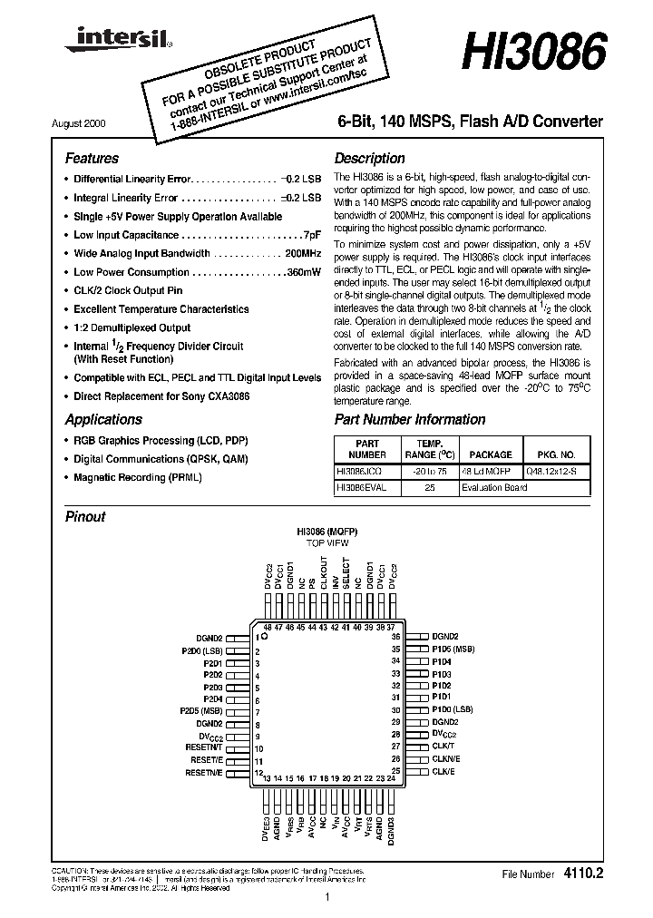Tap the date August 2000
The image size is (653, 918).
coord(90,122)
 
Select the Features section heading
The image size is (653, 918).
coord(92,158)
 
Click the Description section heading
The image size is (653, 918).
coord(370,158)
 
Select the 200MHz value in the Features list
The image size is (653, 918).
coord(302,253)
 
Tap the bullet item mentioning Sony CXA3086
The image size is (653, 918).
coord(161,396)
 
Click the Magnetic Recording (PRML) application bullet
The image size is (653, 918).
coord(138,477)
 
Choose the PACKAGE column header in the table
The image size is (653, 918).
coord(491,454)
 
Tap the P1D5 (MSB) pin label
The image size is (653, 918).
coord(453,649)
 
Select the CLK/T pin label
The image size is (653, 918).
coord(443,747)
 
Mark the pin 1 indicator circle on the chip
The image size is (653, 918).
coord(258,638)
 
